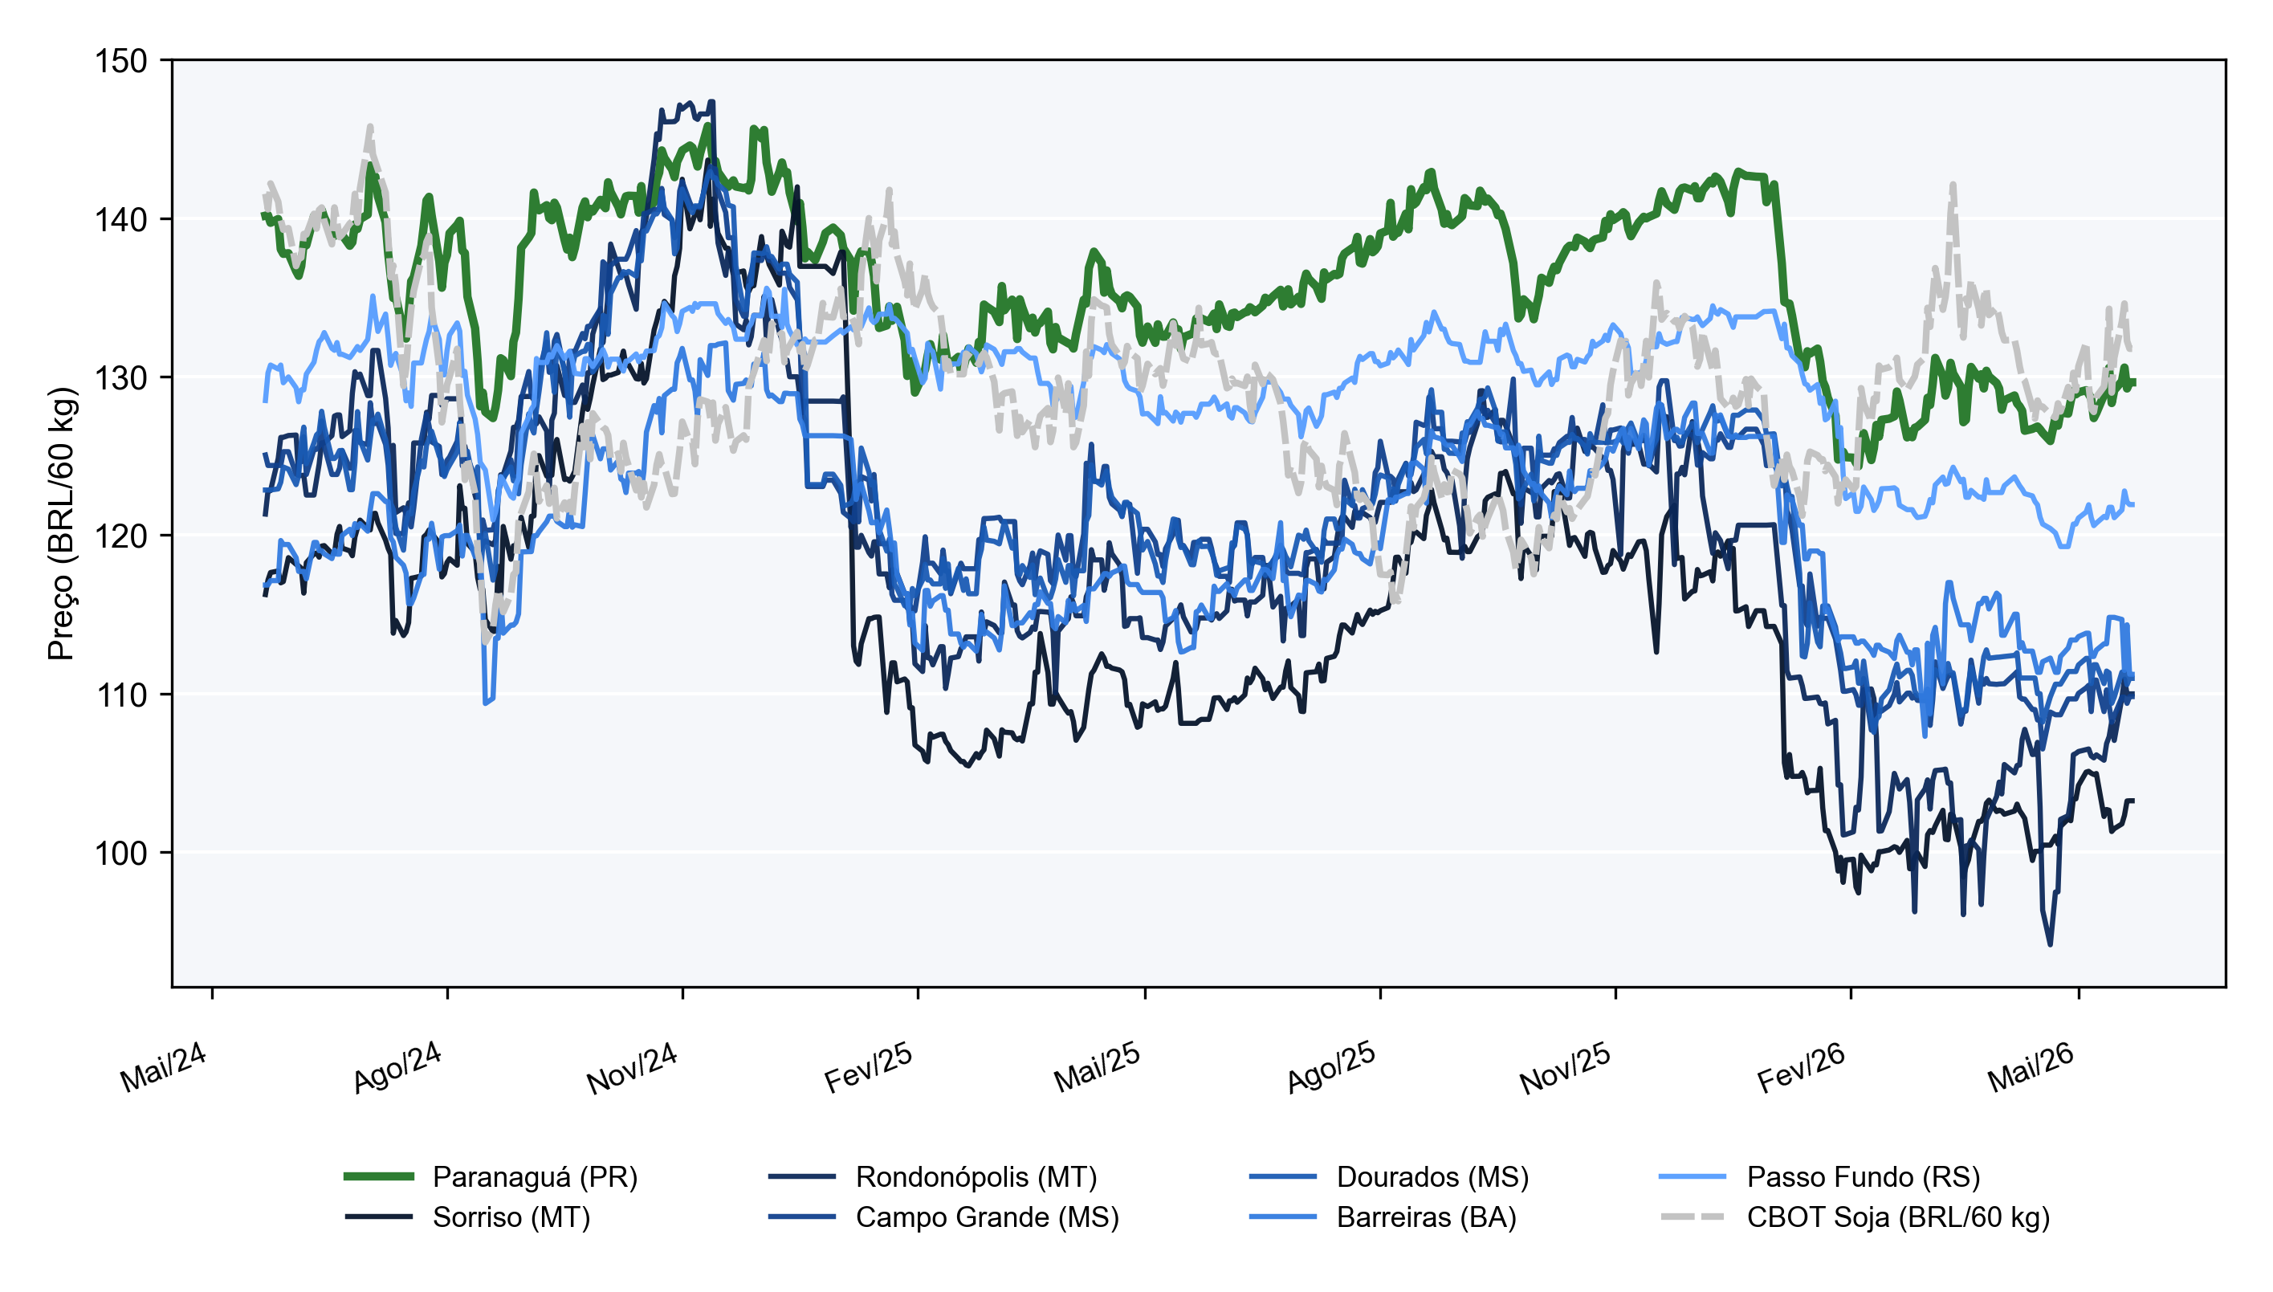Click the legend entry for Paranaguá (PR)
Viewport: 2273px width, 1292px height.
(491, 1176)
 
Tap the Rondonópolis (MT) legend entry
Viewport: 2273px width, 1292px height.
(933, 1176)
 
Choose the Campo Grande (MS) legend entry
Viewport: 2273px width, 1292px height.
(944, 1217)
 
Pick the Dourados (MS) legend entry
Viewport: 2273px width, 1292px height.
(1388, 1176)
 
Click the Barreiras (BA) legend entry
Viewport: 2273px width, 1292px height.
(1383, 1217)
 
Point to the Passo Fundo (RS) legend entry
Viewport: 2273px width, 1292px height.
(1819, 1176)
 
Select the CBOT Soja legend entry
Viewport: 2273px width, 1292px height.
(1854, 1217)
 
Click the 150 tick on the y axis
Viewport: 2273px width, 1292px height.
(120, 61)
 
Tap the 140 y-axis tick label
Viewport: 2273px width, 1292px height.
(120, 219)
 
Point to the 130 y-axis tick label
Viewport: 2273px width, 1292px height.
(120, 378)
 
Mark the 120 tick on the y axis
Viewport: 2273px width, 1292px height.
(120, 536)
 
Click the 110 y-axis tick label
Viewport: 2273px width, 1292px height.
(120, 695)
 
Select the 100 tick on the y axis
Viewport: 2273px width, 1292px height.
(120, 853)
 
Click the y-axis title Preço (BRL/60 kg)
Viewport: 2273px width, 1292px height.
(62, 524)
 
